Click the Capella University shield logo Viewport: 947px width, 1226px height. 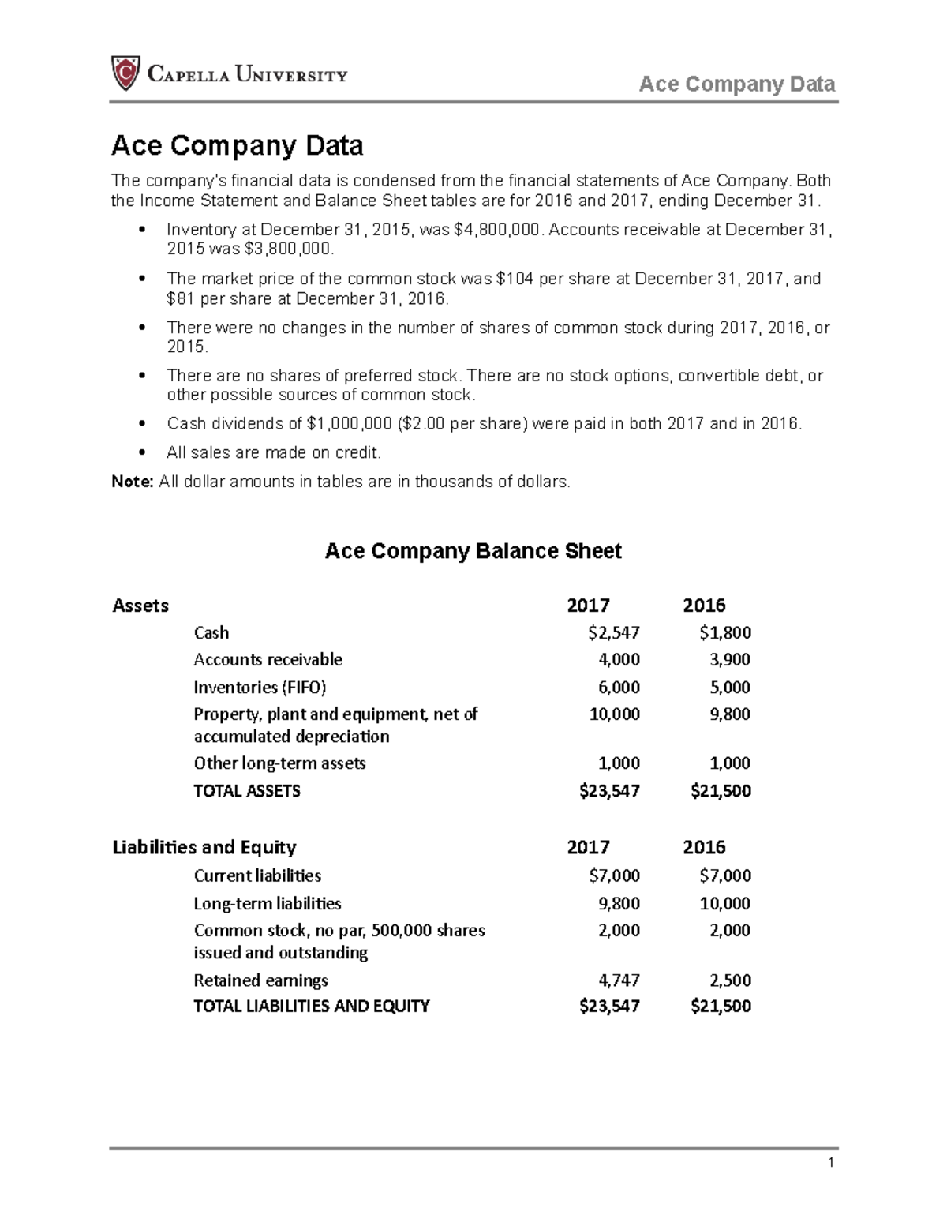(125, 73)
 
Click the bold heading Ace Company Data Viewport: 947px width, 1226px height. (237, 145)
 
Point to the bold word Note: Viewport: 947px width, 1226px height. (132, 482)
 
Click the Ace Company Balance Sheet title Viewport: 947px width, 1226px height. (473, 551)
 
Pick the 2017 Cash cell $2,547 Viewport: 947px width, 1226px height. (614, 632)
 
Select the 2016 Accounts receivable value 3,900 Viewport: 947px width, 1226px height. (730, 659)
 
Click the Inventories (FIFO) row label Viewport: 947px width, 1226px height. (260, 687)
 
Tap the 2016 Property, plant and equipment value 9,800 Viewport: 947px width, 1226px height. (730, 714)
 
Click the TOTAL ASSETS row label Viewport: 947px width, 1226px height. (247, 791)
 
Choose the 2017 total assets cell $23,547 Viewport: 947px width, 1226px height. (609, 791)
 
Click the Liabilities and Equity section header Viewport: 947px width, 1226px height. (204, 847)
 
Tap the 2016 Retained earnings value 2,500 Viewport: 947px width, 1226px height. (730, 980)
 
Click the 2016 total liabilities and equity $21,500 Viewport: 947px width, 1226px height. (721, 1006)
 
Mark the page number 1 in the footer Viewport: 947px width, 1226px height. (831, 1162)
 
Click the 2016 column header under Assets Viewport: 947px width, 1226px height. (704, 606)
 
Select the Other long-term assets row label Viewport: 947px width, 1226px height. (279, 763)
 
